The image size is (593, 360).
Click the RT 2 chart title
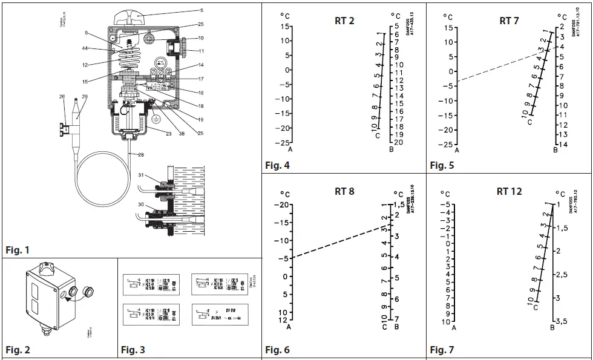344,21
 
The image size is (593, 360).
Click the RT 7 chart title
509,21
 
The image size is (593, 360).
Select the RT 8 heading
344,192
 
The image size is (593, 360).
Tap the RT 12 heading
509,191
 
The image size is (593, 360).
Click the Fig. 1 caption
17,250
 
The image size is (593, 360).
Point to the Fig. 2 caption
18,350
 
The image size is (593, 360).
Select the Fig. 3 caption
133,350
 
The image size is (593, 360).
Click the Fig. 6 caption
277,350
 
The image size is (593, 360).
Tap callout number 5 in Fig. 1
201,10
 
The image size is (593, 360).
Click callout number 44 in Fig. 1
85,48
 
